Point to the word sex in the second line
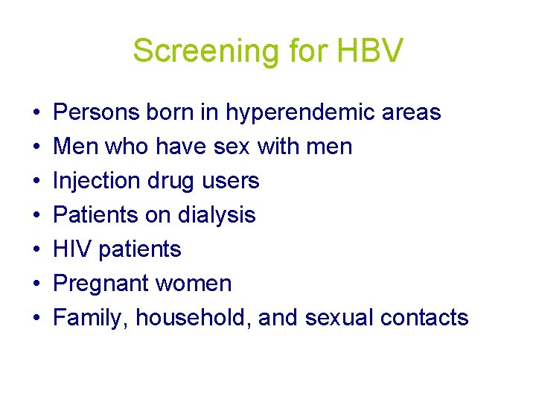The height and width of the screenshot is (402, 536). click(x=232, y=147)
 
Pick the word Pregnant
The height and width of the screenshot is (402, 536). click(x=100, y=284)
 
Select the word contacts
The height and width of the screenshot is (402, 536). click(x=424, y=318)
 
